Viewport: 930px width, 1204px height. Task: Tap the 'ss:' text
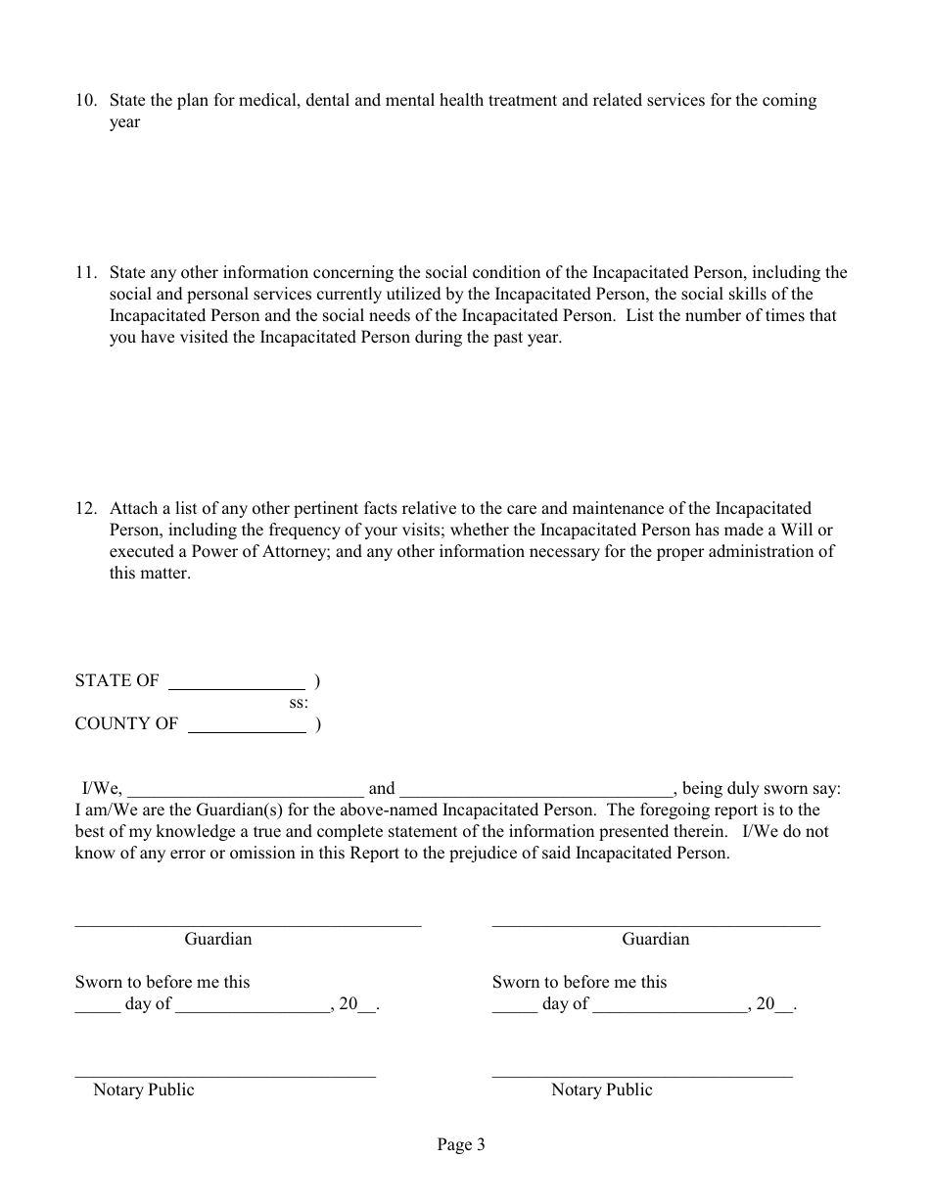pos(299,703)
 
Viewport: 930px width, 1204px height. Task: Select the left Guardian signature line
pos(248,923)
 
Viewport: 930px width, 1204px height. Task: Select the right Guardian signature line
pos(655,923)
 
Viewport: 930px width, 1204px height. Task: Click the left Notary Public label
pos(144,1090)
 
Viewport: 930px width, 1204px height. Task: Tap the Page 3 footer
pos(461,1145)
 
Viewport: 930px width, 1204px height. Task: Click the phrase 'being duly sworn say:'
pos(761,789)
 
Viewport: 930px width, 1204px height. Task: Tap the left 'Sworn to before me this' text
pos(163,983)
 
